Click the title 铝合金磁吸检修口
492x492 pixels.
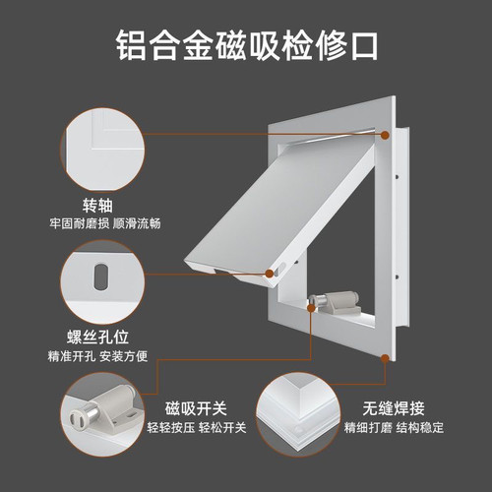pos(247,45)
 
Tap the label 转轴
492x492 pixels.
pos(97,206)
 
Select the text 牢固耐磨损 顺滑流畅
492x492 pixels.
pos(105,223)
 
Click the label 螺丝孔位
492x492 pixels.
pos(97,337)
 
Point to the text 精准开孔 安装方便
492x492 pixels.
pos(97,356)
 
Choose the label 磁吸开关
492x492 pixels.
pos(196,408)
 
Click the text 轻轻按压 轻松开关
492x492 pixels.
pos(197,427)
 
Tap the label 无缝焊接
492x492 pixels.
pos(394,408)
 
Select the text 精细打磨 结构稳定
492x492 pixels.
pos(394,427)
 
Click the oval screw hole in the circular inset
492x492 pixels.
pos(100,276)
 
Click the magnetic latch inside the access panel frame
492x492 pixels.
pos(335,303)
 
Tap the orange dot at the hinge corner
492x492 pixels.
pos(385,135)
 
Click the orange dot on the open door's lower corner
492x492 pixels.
pos(270,274)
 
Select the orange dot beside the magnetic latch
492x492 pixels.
pos(311,308)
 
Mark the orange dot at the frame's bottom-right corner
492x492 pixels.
pos(385,357)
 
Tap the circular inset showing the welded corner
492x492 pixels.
pos(298,414)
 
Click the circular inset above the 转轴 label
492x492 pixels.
pos(102,150)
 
